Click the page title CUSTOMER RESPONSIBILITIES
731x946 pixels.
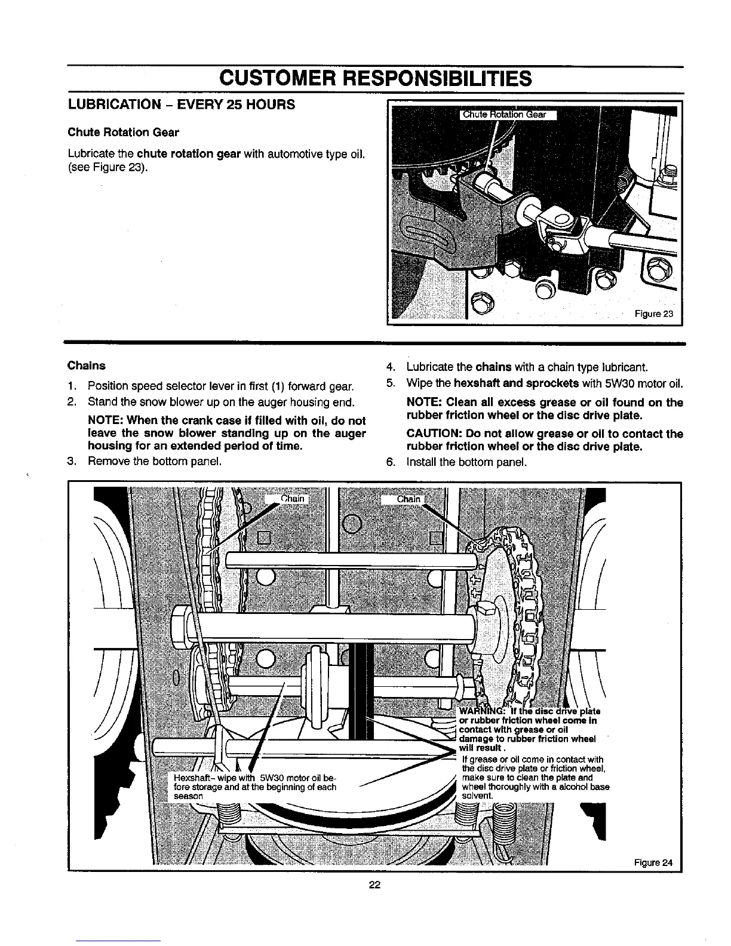(x=374, y=78)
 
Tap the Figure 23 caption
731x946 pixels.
(x=654, y=314)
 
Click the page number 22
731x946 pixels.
(x=374, y=885)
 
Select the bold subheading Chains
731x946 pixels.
(x=87, y=365)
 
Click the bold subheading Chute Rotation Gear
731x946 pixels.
(x=123, y=132)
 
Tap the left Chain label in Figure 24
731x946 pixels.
(x=292, y=499)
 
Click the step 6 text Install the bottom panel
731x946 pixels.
(x=466, y=462)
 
